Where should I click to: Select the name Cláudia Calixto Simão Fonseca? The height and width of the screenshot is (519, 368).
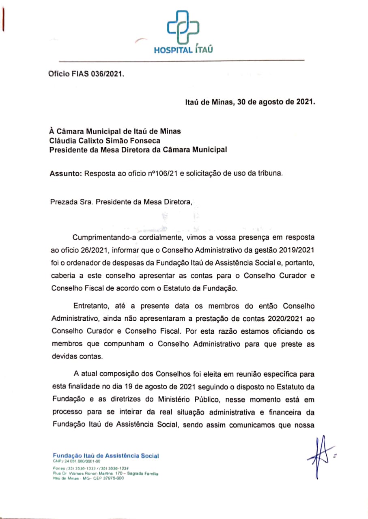coord(105,140)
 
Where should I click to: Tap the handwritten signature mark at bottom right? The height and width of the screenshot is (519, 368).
coord(321,455)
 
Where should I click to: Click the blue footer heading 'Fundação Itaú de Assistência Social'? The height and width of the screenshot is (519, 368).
coord(106,456)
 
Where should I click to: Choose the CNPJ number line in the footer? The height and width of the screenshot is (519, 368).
coord(77,461)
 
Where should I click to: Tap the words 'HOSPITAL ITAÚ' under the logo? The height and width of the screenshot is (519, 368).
coord(183,50)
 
